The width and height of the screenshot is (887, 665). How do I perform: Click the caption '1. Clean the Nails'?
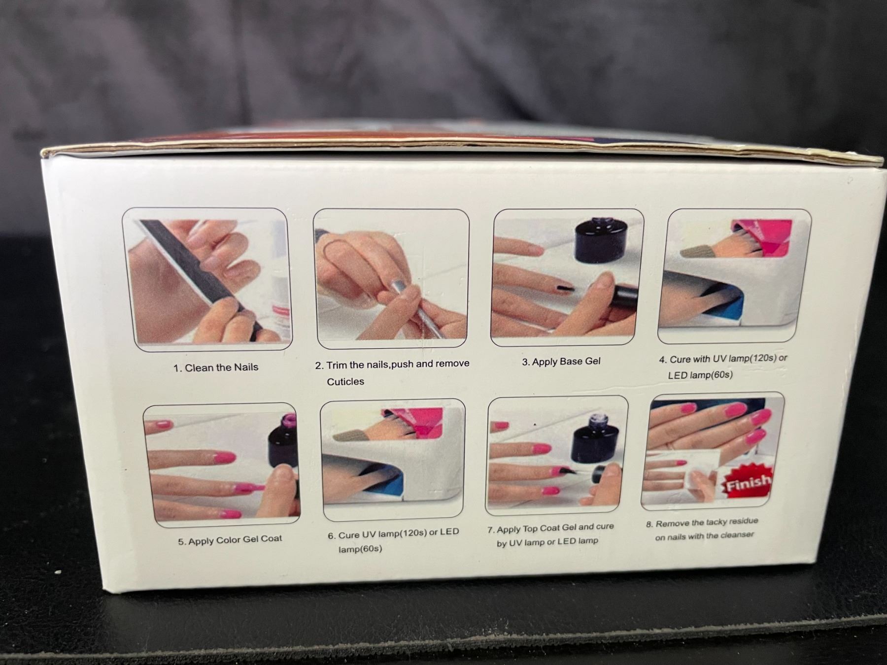click(x=216, y=367)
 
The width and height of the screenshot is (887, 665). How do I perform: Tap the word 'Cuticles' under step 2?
click(x=345, y=382)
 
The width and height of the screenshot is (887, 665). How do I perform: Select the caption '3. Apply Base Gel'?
click(x=561, y=362)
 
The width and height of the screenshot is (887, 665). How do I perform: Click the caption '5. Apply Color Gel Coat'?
click(x=230, y=540)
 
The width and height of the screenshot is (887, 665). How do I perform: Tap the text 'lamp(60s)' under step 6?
click(x=360, y=549)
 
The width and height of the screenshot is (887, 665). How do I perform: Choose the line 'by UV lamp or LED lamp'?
click(x=547, y=542)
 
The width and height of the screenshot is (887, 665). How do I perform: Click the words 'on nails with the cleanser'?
click(x=705, y=535)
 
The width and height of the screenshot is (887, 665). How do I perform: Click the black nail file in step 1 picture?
click(x=202, y=276)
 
